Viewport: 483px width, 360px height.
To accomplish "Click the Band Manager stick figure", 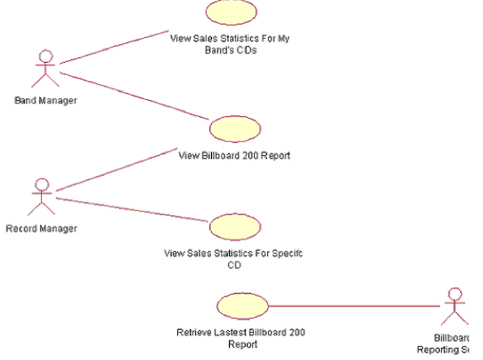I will point(46,69).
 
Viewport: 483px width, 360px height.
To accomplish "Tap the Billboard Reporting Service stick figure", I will point(454,307).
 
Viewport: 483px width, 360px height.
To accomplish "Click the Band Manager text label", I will point(46,101).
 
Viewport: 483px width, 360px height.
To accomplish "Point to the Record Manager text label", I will point(41,229).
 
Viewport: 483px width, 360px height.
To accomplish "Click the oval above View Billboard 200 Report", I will point(235,129).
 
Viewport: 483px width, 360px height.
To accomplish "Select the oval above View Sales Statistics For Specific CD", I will point(235,227).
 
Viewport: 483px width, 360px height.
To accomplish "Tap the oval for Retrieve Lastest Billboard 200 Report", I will point(242,307).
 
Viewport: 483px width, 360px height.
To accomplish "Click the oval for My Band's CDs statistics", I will point(231,12).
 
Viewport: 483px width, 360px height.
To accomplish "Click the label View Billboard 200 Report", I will point(235,156).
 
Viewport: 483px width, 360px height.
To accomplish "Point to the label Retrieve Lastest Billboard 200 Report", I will point(241,338).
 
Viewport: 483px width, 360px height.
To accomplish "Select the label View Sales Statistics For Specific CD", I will point(234,259).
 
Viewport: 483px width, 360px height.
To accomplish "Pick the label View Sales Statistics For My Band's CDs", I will point(230,44).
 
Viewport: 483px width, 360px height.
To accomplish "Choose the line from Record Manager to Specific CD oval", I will point(132,210).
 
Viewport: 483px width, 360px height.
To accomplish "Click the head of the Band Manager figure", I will point(46,56).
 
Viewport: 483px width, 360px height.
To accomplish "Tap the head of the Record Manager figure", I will point(43,185).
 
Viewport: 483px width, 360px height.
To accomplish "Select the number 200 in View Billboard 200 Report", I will point(252,156).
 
